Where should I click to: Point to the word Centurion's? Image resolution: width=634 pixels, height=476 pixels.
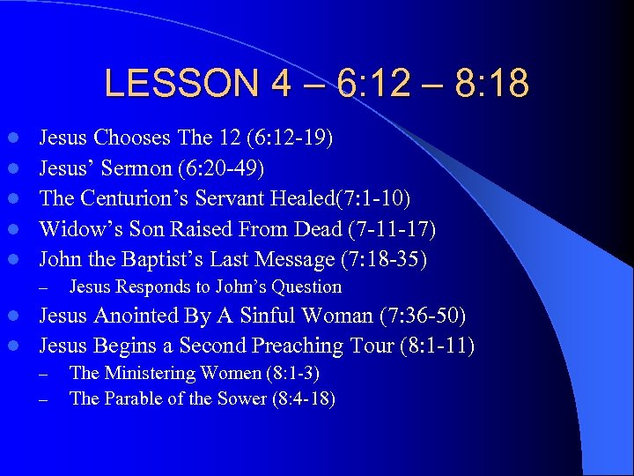(137, 199)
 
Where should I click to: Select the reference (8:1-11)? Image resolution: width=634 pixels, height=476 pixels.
(427, 346)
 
